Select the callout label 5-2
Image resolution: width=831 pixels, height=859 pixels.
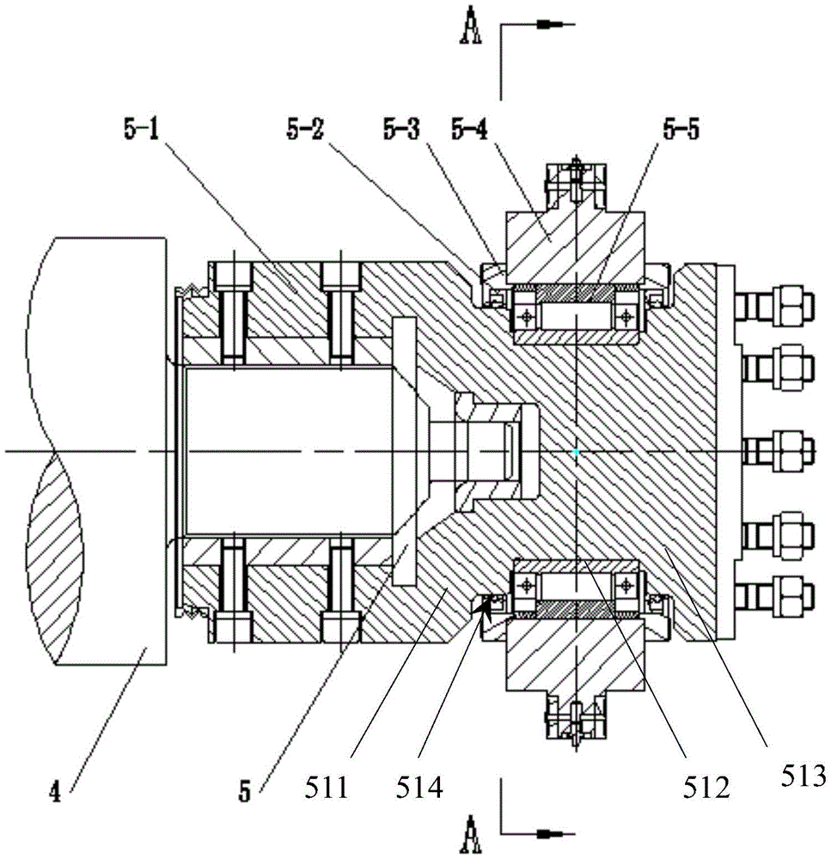pyautogui.click(x=305, y=130)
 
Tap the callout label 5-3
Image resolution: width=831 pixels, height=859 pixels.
pyautogui.click(x=401, y=130)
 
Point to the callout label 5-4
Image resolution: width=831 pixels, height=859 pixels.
pyautogui.click(x=469, y=130)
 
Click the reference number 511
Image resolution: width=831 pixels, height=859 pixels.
pyautogui.click(x=327, y=788)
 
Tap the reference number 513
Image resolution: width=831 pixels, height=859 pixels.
pyautogui.click(x=802, y=776)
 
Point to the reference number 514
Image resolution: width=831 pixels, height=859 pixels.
pyautogui.click(x=419, y=788)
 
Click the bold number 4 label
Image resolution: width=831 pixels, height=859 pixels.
pyautogui.click(x=55, y=792)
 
